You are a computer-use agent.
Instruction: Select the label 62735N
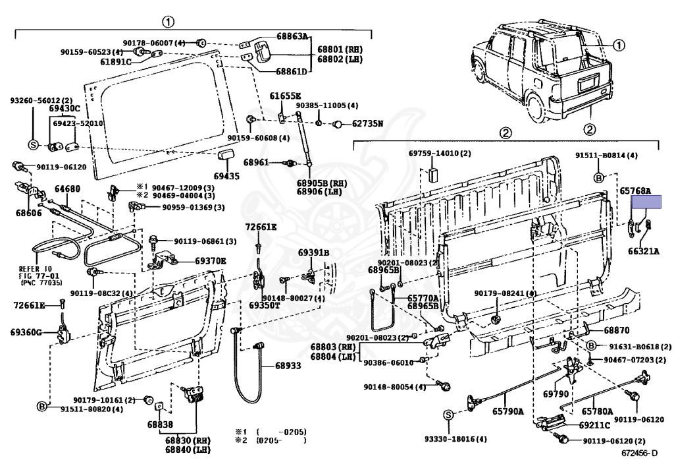tap(367, 123)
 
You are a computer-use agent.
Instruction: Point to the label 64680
tap(67, 189)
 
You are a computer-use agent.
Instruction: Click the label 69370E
tap(210, 261)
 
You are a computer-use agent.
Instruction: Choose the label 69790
tap(555, 394)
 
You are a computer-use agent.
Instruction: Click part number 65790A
tap(507, 412)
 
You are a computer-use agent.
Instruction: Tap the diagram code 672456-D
tap(639, 453)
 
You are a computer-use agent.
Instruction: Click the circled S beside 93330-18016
tap(448, 415)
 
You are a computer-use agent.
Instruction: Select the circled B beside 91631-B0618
tap(591, 346)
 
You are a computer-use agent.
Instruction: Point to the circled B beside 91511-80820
tap(42, 407)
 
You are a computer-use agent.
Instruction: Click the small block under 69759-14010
tap(432, 174)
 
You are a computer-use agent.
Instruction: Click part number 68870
tap(599, 330)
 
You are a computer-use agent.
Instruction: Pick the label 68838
tap(160, 424)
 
